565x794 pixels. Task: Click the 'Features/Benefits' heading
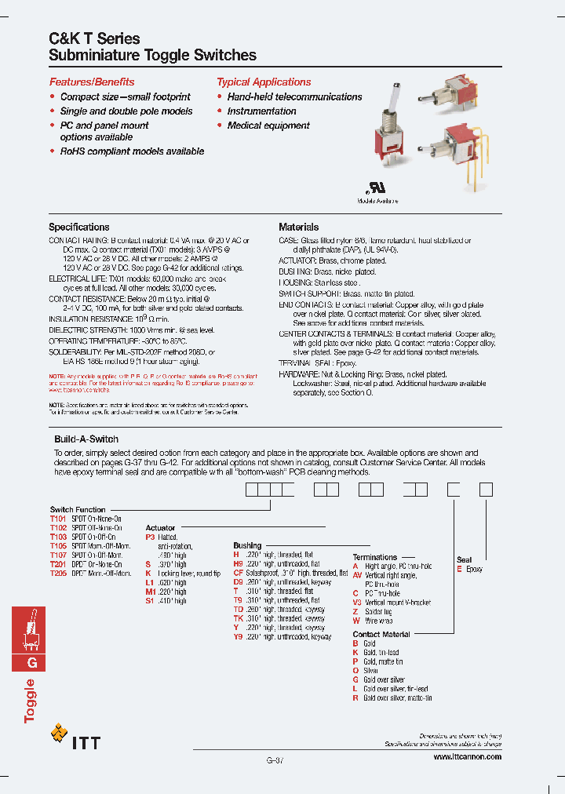[x=92, y=82]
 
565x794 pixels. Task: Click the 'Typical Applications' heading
[x=264, y=82]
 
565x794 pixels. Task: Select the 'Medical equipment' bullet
[x=268, y=126]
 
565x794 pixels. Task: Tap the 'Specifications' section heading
[x=79, y=227]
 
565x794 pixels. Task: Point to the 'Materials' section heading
[x=299, y=227]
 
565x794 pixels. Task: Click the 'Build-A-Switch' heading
[x=86, y=439]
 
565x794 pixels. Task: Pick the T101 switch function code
[x=59, y=519]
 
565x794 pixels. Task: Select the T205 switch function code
[x=59, y=574]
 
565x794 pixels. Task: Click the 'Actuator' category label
[x=161, y=528]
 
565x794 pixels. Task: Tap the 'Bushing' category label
[x=247, y=545]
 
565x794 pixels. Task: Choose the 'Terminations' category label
[x=375, y=557]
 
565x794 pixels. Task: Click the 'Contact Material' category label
[x=381, y=634]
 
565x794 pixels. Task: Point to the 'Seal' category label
[x=465, y=560]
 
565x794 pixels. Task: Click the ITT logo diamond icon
[x=59, y=734]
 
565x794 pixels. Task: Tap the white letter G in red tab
[x=32, y=663]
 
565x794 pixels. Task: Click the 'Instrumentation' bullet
[x=262, y=111]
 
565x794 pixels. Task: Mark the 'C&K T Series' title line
[x=95, y=38]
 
